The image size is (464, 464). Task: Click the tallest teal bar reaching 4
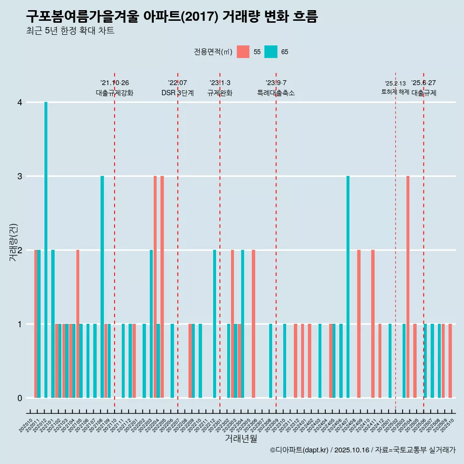46,250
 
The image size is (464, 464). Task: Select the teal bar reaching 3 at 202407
348,287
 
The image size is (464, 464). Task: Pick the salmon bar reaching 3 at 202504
408,287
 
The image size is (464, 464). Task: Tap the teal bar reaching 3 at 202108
102,287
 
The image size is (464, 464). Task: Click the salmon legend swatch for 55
243,52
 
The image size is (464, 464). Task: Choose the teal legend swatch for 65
271,52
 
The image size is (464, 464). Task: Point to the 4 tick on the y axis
20,102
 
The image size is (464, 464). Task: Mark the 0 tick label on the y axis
20,398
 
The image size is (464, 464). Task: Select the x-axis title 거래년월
241,438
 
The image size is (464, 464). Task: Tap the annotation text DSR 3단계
177,93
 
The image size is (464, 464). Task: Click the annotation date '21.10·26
115,83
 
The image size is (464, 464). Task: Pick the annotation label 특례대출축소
276,93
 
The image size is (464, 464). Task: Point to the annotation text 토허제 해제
395,92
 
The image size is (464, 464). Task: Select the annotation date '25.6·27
423,83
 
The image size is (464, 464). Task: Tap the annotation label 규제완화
220,93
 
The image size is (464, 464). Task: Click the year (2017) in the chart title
202,17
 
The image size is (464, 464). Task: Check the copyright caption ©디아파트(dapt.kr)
299,450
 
